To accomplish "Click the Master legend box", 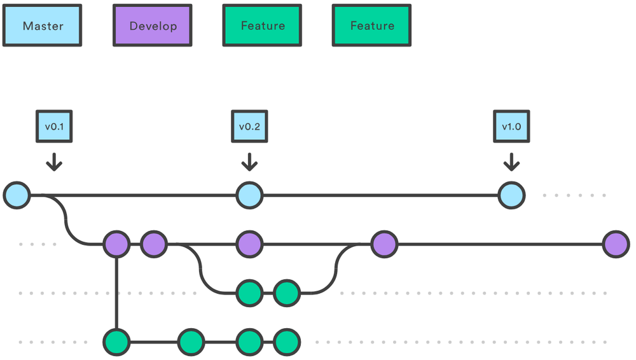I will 43,26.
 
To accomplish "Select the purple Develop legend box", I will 153,26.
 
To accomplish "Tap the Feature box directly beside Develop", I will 262,26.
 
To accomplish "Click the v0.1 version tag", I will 54,127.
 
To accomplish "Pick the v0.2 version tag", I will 249,127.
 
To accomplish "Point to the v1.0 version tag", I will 511,127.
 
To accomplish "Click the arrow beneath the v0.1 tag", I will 54,162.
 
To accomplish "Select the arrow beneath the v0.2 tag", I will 249,162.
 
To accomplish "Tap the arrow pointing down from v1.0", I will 511,162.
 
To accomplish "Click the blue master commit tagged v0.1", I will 17,195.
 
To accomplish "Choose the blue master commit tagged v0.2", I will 249,195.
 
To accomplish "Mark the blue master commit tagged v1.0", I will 511,195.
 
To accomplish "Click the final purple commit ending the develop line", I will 616,244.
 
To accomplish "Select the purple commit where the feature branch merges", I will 384,244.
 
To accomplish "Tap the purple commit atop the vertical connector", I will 116,244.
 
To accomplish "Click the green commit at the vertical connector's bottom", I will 116,342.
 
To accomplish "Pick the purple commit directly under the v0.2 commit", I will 249,244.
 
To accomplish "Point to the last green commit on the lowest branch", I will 286,342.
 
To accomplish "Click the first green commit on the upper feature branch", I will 249,293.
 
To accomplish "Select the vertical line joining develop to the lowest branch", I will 116,293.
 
